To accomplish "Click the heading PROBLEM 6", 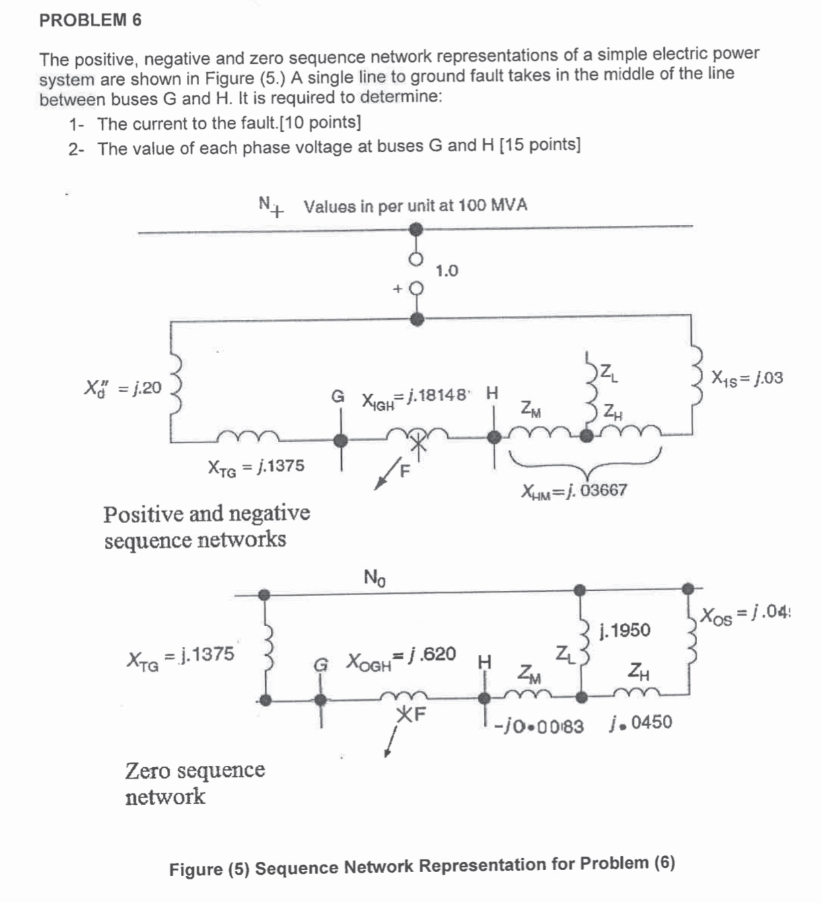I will click(x=90, y=20).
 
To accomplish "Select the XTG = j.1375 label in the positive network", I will click(x=256, y=466).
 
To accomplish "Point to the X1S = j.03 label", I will click(x=747, y=377).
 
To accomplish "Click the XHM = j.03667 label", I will click(x=574, y=491).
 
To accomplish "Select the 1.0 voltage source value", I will click(x=447, y=271).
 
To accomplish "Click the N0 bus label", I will click(x=374, y=577).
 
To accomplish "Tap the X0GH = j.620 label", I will click(x=401, y=656).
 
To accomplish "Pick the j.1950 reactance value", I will click(x=625, y=630).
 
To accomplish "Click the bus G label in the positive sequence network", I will click(x=338, y=395).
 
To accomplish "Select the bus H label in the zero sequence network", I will click(x=484, y=662).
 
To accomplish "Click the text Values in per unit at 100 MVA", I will click(x=415, y=206).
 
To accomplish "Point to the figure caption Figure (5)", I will click(x=422, y=865).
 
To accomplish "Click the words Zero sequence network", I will click(x=194, y=783).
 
